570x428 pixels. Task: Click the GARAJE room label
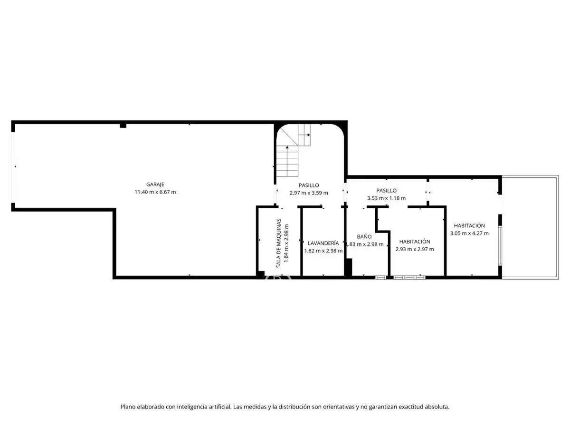155,185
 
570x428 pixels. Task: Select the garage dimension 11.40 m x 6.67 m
155,192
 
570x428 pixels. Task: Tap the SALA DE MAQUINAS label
278,243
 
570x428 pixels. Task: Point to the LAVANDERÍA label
323,243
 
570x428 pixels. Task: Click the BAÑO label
364,236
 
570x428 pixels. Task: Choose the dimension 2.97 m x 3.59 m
308,193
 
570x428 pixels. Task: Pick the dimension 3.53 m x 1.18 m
386,198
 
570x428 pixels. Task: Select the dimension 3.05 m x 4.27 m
469,233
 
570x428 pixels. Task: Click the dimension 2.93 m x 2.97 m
415,249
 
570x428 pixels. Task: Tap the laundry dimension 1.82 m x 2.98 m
323,251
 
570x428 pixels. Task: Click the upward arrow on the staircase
287,161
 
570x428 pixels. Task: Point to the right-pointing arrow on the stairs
304,135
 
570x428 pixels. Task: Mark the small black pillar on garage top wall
123,126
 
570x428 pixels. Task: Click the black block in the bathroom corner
349,267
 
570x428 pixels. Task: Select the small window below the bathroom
380,278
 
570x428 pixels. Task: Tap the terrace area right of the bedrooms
530,227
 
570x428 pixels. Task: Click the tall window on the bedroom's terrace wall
500,246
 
